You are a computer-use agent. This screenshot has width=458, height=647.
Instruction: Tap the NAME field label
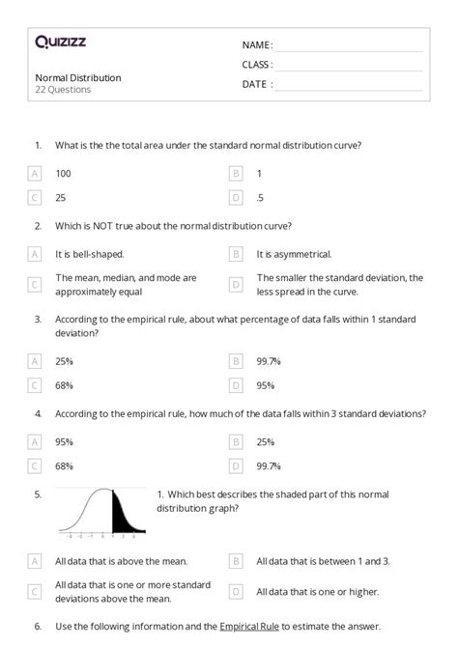point(257,45)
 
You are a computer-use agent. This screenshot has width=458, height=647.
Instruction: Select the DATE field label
point(257,84)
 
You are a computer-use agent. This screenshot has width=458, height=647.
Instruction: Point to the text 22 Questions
point(63,90)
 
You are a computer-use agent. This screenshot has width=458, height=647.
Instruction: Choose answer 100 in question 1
point(64,174)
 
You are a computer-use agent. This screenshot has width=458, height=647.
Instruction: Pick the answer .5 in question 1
point(261,197)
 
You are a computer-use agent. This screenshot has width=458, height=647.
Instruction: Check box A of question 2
point(36,254)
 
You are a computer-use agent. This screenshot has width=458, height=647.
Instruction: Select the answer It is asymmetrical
point(294,254)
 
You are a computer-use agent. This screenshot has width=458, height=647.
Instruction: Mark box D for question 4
point(236,466)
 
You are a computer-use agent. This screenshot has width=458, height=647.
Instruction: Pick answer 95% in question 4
point(65,442)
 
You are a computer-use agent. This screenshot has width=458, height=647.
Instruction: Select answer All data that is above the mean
point(121,560)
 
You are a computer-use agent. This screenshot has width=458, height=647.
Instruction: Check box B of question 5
point(236,560)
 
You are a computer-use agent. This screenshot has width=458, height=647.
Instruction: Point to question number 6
point(38,626)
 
